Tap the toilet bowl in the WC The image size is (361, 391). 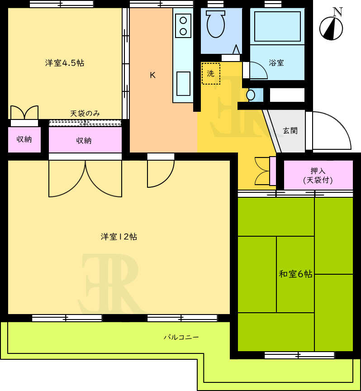[x=216, y=24]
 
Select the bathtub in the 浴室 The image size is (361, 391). [x=277, y=26]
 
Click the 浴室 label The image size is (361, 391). [x=276, y=62]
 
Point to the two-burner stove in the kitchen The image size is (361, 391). [x=183, y=26]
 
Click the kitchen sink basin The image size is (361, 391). [x=183, y=84]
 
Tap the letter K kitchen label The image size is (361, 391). [x=152, y=75]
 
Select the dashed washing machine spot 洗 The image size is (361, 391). [x=211, y=74]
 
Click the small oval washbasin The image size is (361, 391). [x=251, y=95]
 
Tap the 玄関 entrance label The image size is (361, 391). [x=290, y=130]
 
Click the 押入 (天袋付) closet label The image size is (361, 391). [x=318, y=175]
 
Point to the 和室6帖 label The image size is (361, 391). [x=295, y=274]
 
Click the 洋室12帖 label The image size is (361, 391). [x=119, y=236]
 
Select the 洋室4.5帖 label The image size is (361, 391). [x=65, y=63]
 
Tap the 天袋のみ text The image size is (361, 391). [x=85, y=114]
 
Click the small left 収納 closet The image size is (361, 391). [x=24, y=140]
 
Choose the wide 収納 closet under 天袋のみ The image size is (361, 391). [x=85, y=140]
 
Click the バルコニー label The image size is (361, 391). [x=181, y=338]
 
